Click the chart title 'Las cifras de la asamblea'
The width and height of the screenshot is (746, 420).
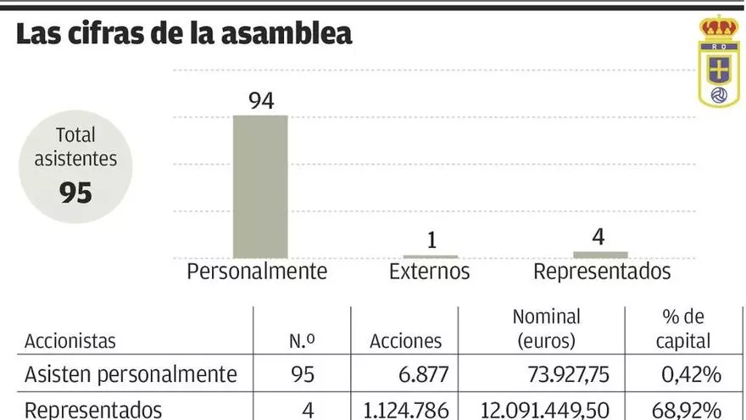click(x=184, y=34)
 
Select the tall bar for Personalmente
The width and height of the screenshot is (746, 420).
click(x=260, y=186)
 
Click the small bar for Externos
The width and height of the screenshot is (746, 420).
click(x=430, y=255)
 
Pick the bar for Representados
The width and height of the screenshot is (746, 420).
click(x=600, y=254)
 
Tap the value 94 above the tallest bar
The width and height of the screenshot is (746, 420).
click(x=260, y=101)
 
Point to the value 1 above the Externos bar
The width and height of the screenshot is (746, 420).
click(x=431, y=241)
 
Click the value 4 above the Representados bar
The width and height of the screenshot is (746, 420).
click(x=598, y=237)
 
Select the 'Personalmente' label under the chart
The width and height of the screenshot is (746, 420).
click(x=257, y=272)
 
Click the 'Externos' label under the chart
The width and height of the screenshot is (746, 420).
click(x=429, y=272)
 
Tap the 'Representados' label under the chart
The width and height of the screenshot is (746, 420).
click(x=602, y=272)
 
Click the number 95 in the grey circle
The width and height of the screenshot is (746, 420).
click(x=75, y=193)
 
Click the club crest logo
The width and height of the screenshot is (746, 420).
click(x=718, y=61)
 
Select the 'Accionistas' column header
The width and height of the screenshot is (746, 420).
click(x=70, y=341)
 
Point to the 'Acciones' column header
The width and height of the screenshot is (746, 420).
click(x=406, y=341)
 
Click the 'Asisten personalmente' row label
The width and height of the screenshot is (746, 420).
click(x=131, y=375)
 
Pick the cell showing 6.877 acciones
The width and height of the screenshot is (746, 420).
click(x=416, y=375)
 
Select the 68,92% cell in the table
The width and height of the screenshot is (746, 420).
click(x=686, y=410)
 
